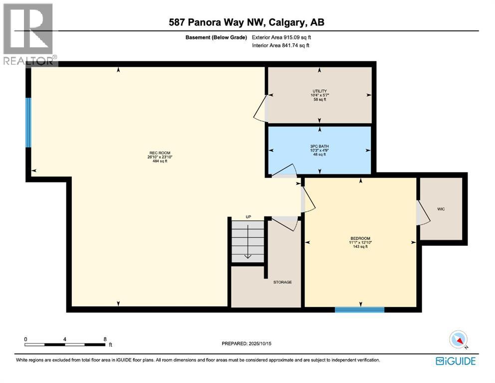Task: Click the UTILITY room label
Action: click(319, 91)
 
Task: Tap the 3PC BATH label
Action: click(319, 147)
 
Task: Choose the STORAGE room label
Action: click(282, 282)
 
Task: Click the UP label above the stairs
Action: click(247, 217)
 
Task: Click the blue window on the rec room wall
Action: click(28, 123)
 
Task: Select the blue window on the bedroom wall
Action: click(359, 310)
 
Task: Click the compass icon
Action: click(458, 340)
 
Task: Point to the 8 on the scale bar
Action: click(105, 339)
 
